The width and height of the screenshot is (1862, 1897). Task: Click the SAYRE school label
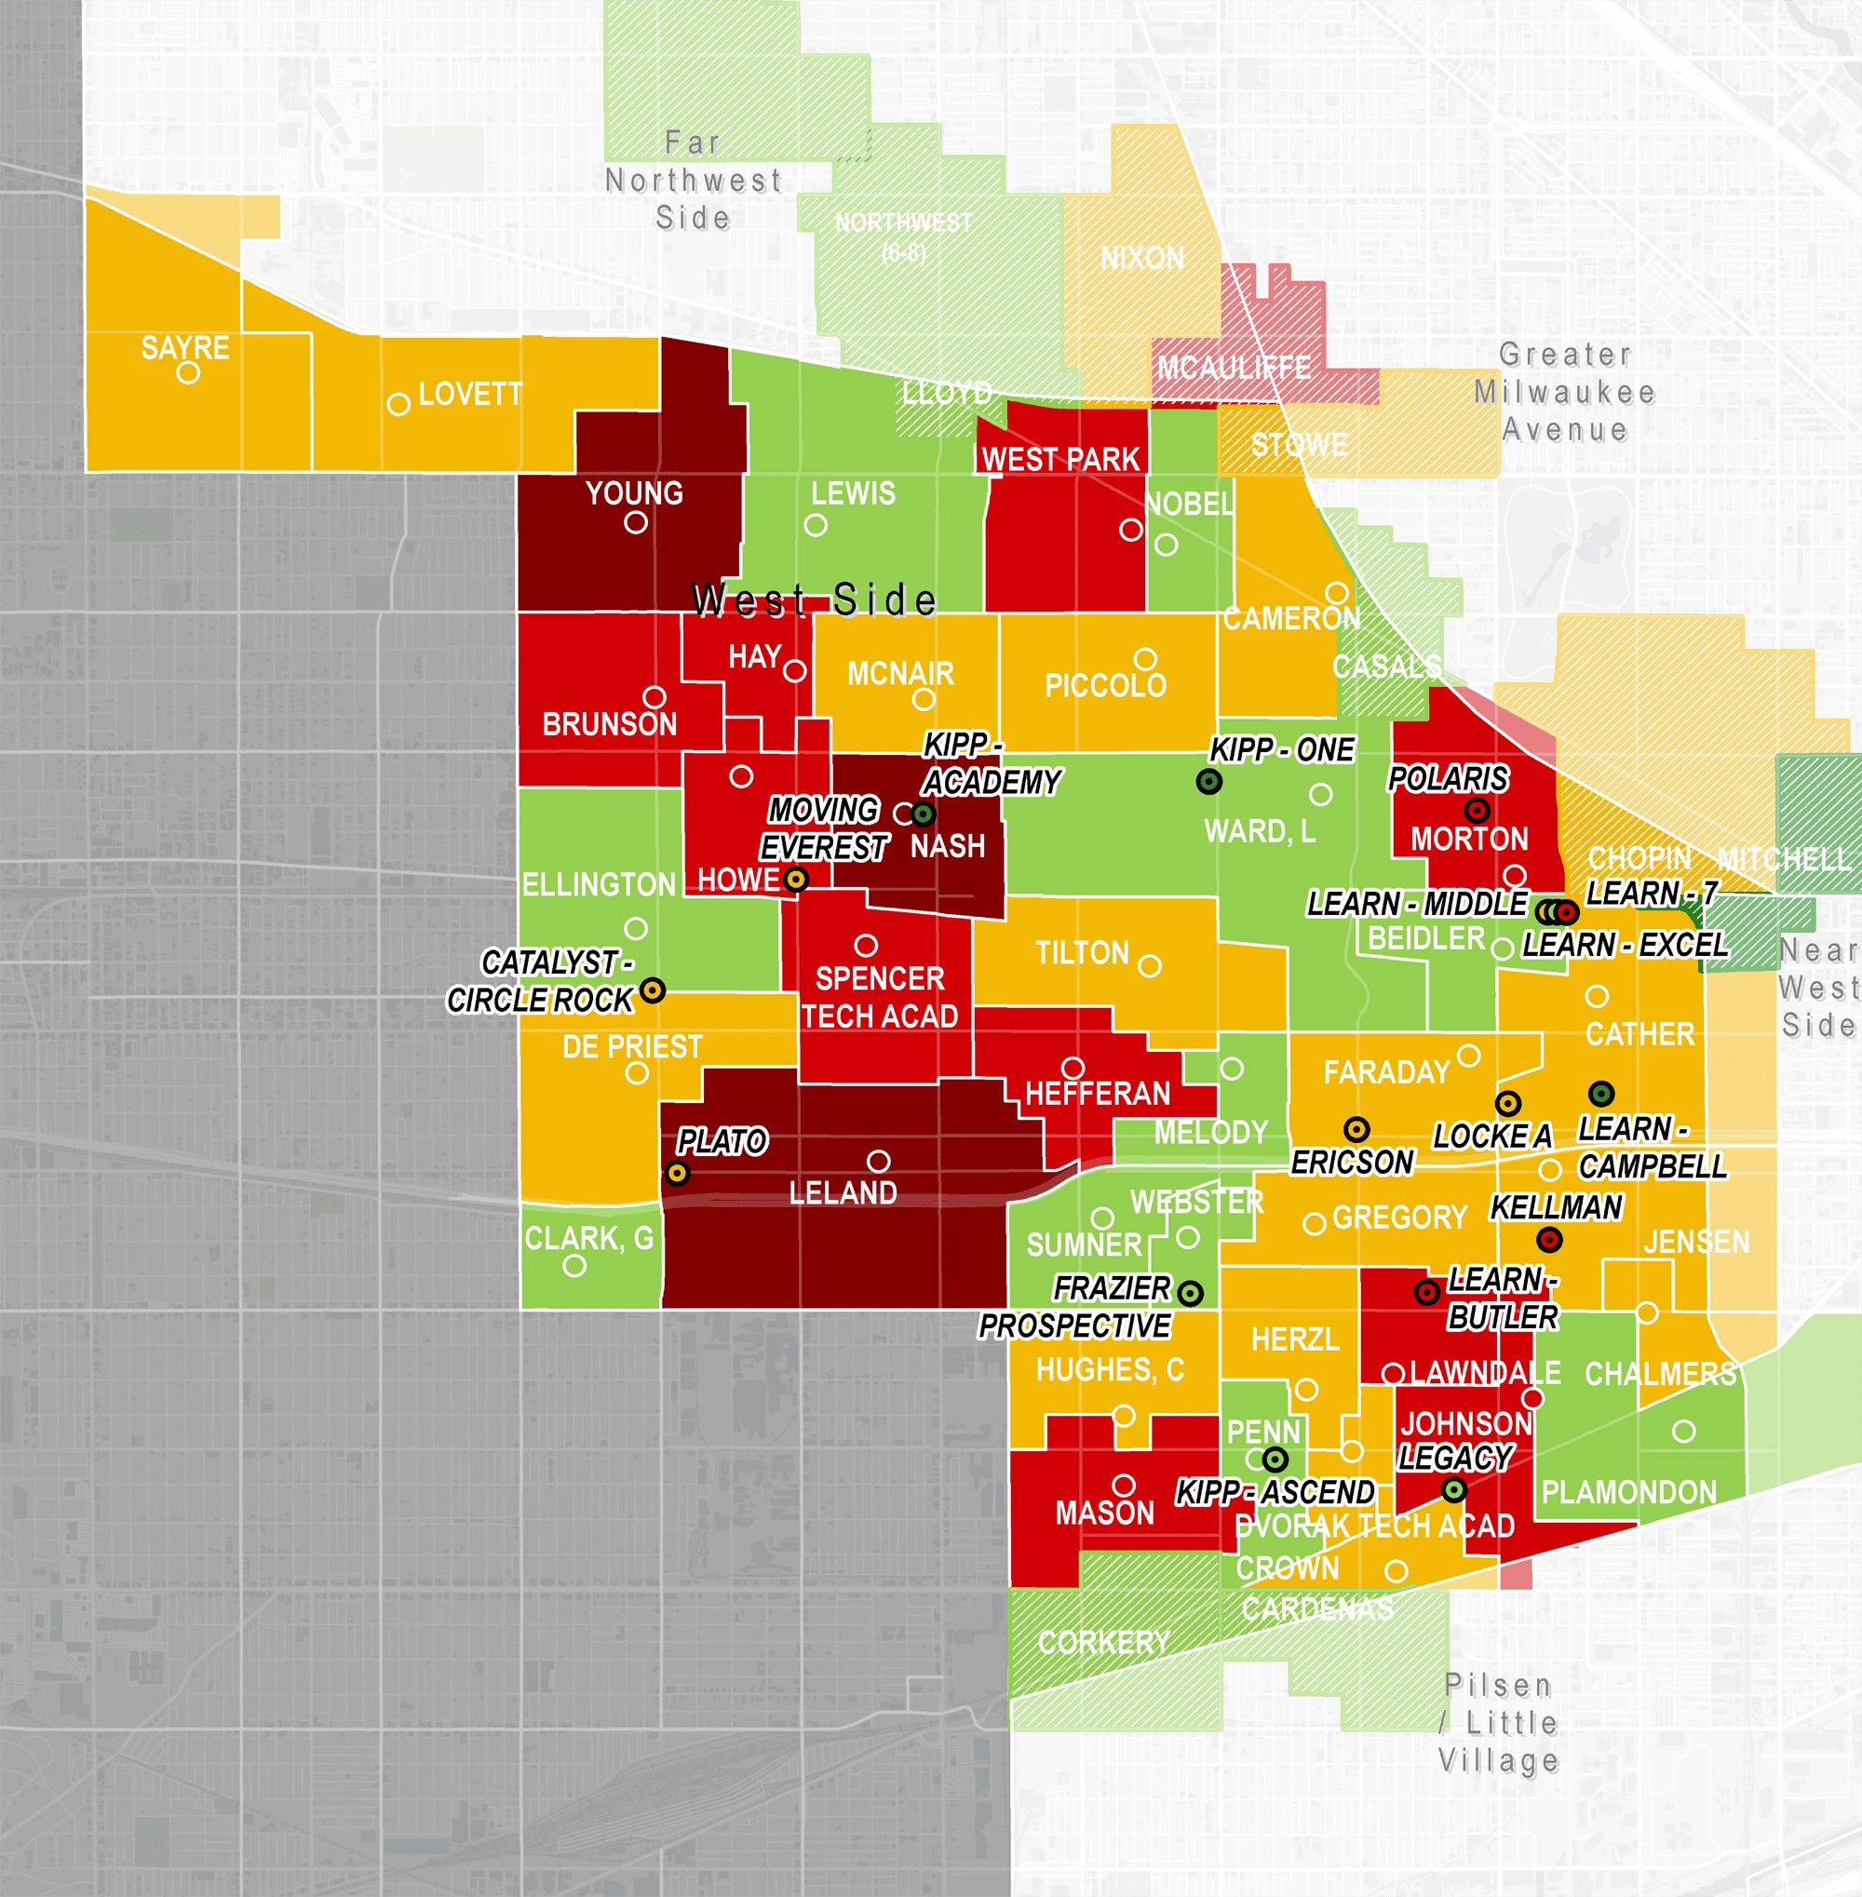pos(185,347)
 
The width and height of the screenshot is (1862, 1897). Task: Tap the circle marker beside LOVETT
pos(398,404)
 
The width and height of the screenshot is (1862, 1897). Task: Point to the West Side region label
pos(814,599)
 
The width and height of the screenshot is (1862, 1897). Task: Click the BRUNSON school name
pos(609,723)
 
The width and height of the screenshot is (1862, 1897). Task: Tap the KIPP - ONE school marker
pos(1208,781)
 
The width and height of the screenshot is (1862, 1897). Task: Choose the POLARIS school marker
pos(1477,810)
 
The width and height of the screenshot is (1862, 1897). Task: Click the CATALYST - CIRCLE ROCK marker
pos(653,989)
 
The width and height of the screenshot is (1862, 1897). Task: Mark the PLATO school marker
pos(677,1173)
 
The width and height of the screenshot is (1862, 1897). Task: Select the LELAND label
pos(842,1192)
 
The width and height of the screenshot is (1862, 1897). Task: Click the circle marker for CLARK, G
pos(574,1265)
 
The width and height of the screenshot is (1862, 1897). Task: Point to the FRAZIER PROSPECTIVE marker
pos(1190,1293)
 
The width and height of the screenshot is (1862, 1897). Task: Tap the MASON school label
pos(1104,1513)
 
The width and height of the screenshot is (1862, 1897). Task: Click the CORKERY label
pos(1103,1642)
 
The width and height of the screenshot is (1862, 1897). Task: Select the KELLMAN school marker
pos(1549,1240)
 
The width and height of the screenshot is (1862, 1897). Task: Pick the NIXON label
pos(1141,258)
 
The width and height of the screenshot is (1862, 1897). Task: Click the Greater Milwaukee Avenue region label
pos(1565,392)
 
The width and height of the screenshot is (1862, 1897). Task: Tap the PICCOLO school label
pos(1105,685)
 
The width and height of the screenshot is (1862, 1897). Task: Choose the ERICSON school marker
pos(1356,1129)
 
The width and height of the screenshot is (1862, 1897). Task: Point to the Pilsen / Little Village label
pos(1498,1722)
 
